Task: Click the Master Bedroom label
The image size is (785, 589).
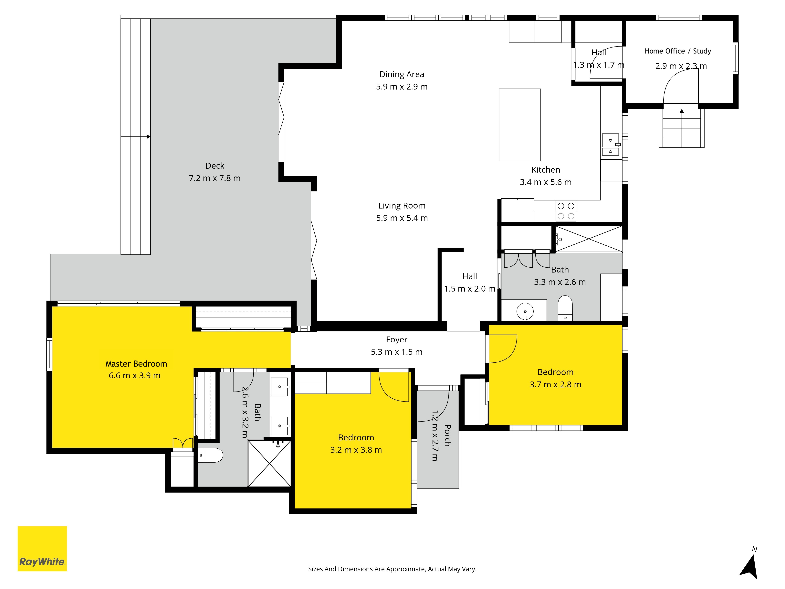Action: point(136,364)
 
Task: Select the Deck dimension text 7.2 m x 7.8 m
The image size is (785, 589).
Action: point(215,178)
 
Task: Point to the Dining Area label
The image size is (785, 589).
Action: point(402,74)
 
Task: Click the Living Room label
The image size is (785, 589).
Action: point(402,206)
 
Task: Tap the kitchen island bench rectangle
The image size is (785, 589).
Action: point(519,125)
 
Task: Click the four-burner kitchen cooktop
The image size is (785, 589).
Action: point(566,211)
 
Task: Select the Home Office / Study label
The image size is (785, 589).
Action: point(678,51)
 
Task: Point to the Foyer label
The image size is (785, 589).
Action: point(397,340)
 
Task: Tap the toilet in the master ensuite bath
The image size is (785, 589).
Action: point(210,455)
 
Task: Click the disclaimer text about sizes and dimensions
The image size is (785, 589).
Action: point(392,569)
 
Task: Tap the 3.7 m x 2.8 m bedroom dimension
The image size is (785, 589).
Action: point(555,384)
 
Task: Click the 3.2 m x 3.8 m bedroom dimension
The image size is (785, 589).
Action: point(356,450)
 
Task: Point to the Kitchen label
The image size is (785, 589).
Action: point(546,170)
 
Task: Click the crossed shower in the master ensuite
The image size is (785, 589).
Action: point(269,463)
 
